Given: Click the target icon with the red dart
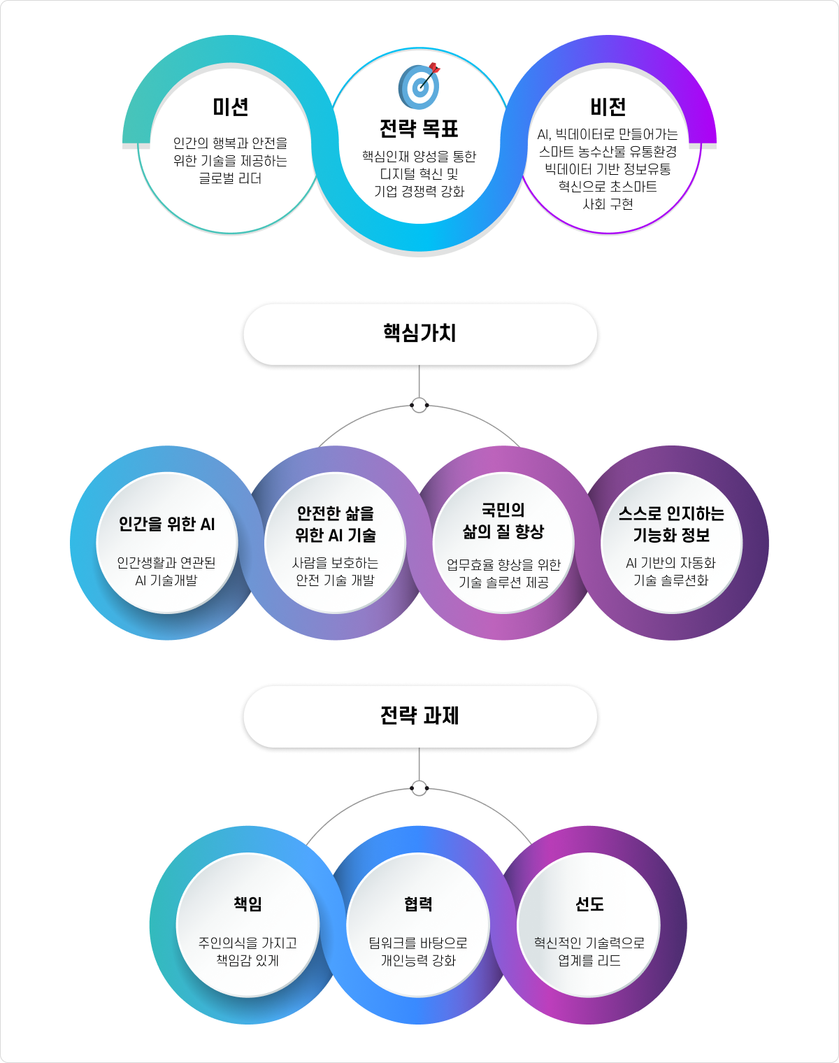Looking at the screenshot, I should click(419, 86).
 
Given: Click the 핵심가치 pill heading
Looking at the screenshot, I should click(419, 334).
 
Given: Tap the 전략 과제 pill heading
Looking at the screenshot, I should click(419, 716).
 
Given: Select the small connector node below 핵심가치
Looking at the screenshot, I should click(419, 405).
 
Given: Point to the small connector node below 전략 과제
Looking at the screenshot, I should click(419, 788).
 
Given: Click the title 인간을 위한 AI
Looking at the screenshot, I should click(167, 525).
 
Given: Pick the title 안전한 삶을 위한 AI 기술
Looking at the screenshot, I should click(336, 525).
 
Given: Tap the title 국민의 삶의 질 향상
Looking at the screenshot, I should click(503, 521).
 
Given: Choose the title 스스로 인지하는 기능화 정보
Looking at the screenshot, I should click(671, 525).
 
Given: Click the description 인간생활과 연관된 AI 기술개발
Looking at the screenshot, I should click(167, 571).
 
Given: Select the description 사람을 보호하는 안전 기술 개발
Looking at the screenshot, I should click(336, 571).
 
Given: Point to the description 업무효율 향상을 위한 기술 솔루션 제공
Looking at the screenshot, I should click(503, 573).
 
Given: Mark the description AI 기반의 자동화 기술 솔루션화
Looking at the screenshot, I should click(671, 571).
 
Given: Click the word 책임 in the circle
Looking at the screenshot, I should click(248, 904).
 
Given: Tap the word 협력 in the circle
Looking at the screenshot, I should click(418, 904).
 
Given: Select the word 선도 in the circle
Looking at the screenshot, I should click(589, 904).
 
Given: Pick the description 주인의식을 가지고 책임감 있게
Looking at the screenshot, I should click(248, 951).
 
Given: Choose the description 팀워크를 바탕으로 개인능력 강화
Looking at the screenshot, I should click(418, 951).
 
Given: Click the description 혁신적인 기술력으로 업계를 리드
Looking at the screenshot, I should click(589, 951).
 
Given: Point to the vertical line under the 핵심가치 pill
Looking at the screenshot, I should click(419, 381).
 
